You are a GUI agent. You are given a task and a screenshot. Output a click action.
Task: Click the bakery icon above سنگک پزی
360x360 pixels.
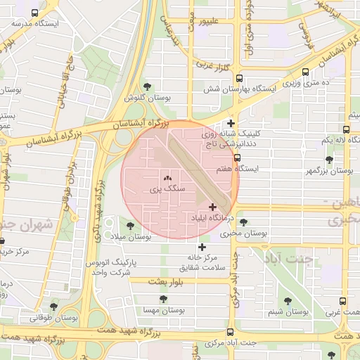pyautogui.click(x=167, y=179)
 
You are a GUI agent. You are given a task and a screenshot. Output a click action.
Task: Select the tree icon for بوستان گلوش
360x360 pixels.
pyautogui.click(x=146, y=86)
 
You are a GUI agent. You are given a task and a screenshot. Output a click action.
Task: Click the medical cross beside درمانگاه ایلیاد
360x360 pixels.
pyautogui.click(x=213, y=207)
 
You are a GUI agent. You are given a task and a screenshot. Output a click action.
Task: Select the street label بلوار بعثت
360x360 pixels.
pyautogui.click(x=166, y=281)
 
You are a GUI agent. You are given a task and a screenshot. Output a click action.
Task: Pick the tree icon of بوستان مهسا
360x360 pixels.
pyautogui.click(x=163, y=299)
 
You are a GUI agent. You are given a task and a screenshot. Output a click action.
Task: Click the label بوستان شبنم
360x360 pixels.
pyautogui.click(x=288, y=311)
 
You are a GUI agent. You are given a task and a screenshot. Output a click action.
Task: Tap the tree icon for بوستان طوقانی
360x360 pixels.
pyautogui.click(x=54, y=307)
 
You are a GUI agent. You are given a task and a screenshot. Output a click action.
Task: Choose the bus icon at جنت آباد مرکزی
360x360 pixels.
pyautogui.click(x=231, y=333)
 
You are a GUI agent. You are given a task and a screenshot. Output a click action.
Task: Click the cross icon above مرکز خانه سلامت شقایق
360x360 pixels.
pyautogui.click(x=202, y=247)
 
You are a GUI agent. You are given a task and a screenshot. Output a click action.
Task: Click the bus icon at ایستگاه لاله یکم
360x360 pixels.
pyautogui.click(x=345, y=129)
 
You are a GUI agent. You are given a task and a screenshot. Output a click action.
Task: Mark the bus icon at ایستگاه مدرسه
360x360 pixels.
pyautogui.click(x=36, y=13)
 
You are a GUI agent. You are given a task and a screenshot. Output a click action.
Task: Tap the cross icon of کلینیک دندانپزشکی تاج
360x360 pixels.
pyautogui.click(x=231, y=124)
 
